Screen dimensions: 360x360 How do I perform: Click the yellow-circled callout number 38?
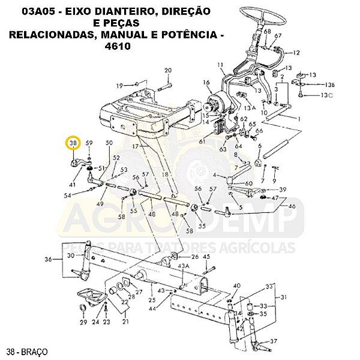73,143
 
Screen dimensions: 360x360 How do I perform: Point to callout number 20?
167,70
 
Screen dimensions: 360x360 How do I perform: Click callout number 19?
120,85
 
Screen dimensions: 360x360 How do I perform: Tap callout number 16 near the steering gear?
206,82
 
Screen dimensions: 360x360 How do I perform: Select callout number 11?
220,65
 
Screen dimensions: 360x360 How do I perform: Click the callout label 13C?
326,95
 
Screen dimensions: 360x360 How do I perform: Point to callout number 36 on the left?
48,260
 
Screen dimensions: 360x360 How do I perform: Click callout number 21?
125,322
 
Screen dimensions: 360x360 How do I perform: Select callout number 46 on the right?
292,206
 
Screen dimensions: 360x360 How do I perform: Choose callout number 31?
284,296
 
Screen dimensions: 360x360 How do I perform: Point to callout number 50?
109,143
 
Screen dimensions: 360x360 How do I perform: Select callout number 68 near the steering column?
267,31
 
